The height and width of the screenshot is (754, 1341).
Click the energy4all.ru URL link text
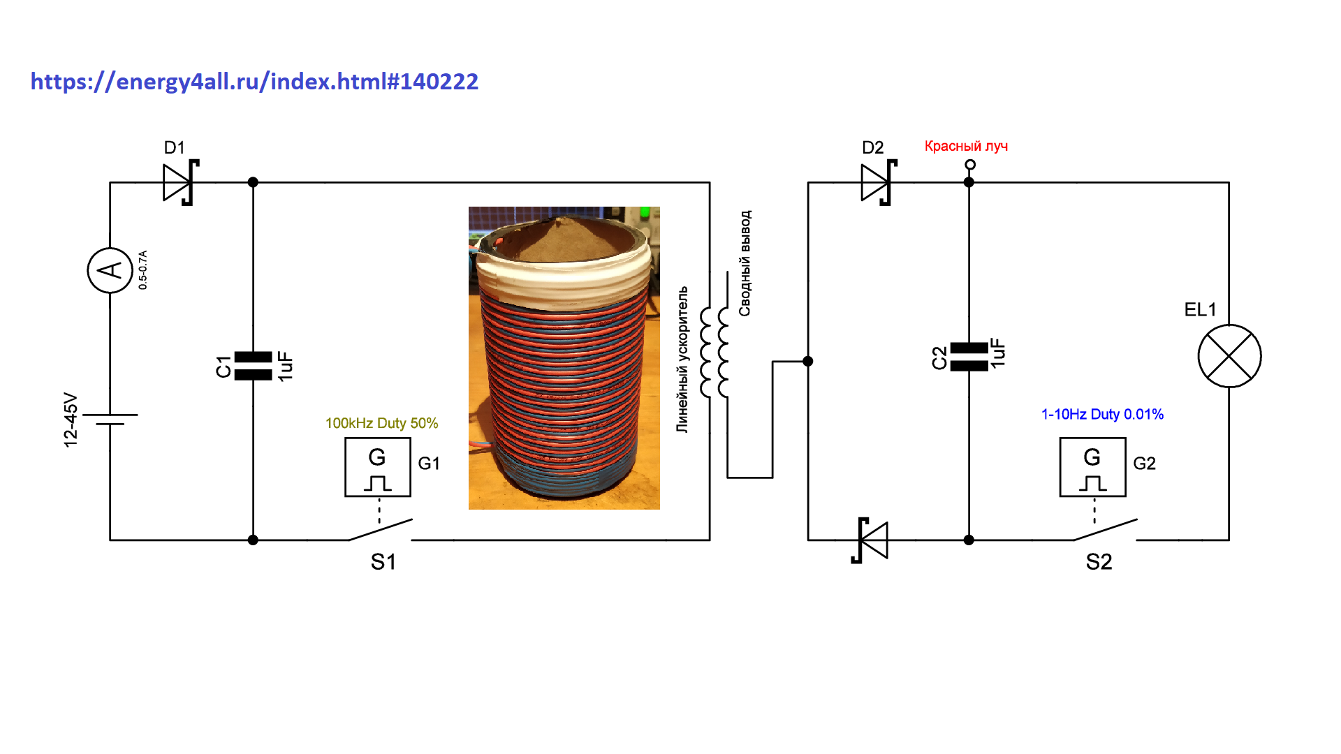click(254, 82)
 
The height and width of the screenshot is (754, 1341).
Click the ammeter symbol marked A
click(110, 270)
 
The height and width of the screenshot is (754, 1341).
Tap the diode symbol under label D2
click(879, 182)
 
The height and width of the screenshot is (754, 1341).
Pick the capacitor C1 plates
click(253, 366)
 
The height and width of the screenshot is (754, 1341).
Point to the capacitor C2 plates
click(969, 357)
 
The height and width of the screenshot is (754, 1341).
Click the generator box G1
click(378, 467)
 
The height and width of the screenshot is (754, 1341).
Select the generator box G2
click(1092, 467)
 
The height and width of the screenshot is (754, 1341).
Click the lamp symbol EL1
click(1229, 356)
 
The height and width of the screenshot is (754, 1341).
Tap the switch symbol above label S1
click(381, 530)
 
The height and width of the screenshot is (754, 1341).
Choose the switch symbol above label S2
click(1105, 530)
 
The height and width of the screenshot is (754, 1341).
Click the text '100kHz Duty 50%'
click(381, 423)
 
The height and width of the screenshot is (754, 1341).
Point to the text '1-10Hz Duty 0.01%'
click(1102, 414)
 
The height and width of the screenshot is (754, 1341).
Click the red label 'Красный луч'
click(966, 146)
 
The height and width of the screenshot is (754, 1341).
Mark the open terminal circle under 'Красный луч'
click(969, 165)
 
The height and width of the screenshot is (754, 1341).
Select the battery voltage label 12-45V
click(71, 420)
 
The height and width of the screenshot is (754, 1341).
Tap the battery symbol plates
click(110, 419)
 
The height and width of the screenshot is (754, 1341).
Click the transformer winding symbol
click(714, 353)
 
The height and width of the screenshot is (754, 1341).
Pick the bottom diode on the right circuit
click(870, 540)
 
